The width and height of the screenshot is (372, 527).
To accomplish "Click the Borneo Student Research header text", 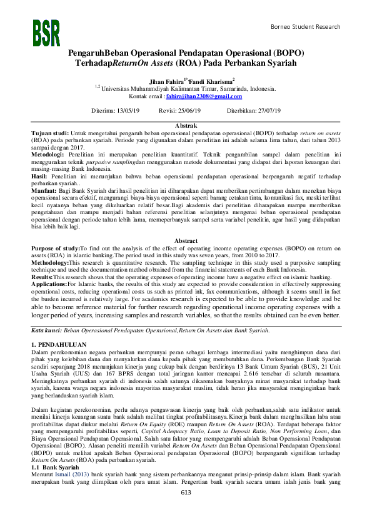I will [305, 27].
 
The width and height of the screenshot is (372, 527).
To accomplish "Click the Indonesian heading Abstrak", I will [186, 126].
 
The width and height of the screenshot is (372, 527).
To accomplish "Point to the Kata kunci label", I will [46, 329].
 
